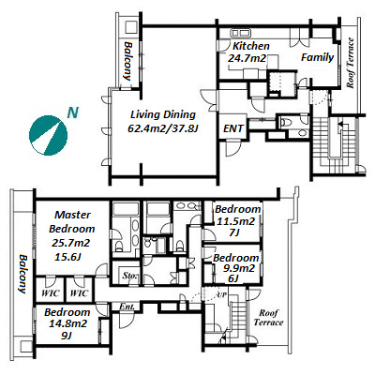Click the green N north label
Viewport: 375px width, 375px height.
(72, 112)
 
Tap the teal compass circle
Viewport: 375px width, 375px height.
(48, 135)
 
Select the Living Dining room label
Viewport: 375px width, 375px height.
(163, 115)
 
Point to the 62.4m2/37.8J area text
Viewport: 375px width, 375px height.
(163, 128)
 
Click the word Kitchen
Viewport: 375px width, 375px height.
(251, 46)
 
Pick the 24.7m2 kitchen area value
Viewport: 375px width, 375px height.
(247, 58)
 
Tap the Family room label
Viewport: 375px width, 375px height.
(317, 57)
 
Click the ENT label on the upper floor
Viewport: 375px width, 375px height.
(233, 128)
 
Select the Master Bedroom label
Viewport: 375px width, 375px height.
(72, 221)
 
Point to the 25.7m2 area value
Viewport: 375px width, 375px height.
(70, 243)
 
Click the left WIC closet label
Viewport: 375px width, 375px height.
(51, 293)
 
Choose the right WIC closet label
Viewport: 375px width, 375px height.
(79, 293)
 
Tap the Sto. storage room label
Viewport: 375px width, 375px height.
(129, 277)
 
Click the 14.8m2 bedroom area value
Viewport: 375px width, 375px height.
(67, 324)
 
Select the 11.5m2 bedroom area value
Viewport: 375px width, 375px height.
(236, 221)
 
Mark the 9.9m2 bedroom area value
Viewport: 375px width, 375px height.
(235, 268)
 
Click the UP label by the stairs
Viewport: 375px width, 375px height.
(222, 294)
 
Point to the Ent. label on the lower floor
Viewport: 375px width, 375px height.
(127, 307)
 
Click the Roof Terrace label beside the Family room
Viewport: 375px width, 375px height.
(351, 63)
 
